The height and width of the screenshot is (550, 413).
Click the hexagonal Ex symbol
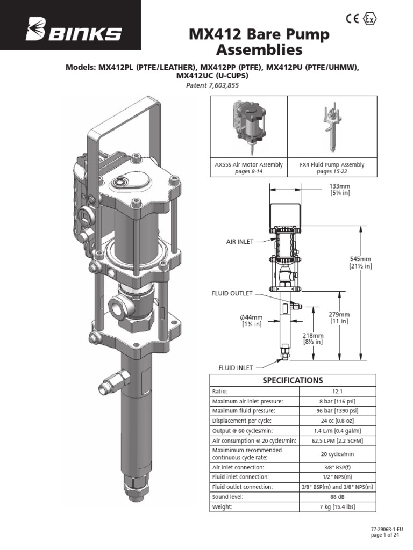click(x=370, y=18)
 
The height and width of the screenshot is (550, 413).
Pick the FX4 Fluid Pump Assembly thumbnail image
click(x=332, y=128)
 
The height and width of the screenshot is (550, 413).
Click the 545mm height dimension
click(x=360, y=262)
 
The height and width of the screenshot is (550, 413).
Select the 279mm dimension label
click(x=339, y=317)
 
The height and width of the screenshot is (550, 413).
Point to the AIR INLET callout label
click(x=239, y=242)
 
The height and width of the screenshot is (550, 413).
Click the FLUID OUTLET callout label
click(x=231, y=294)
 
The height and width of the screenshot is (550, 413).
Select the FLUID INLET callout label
click(x=235, y=367)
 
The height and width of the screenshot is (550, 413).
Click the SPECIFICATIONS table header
click(x=293, y=380)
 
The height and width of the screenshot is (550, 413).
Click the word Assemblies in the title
click(x=259, y=51)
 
